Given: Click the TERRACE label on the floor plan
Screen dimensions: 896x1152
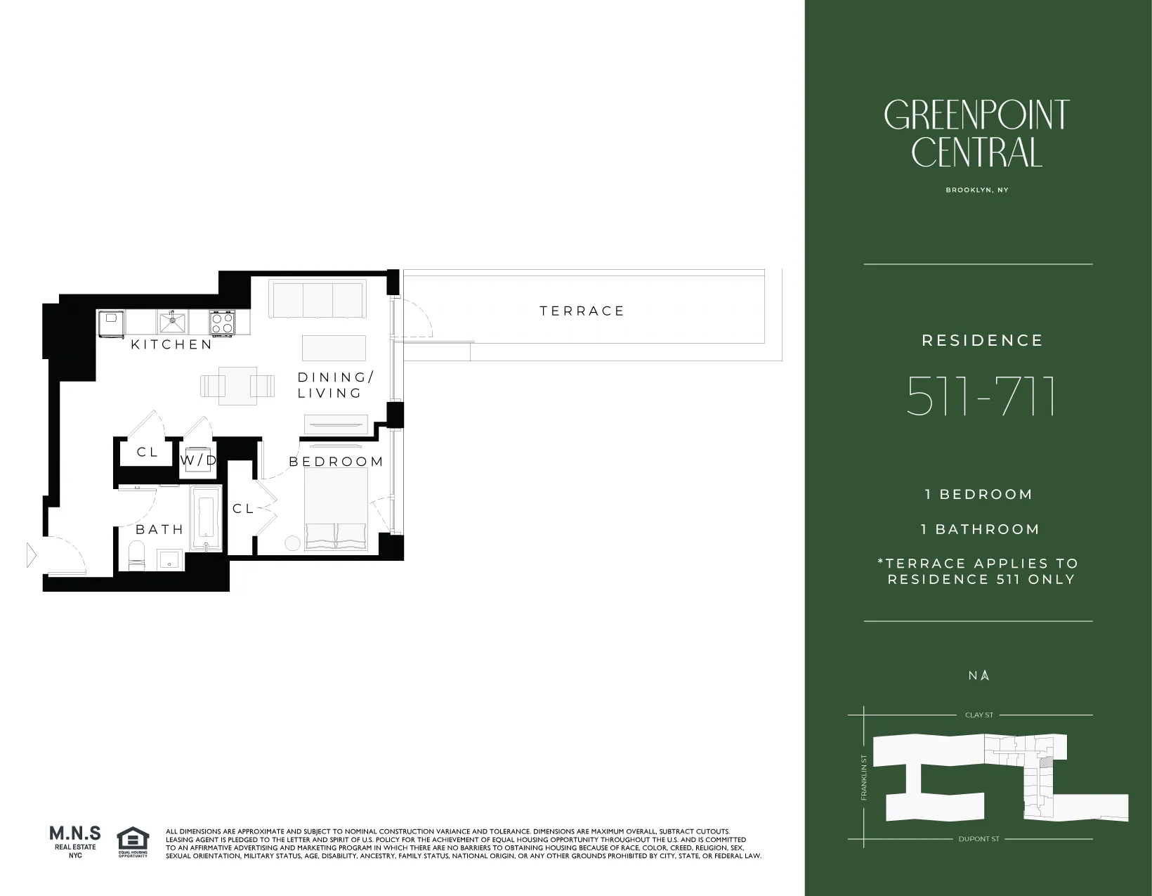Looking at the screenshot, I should pyautogui.click(x=582, y=311).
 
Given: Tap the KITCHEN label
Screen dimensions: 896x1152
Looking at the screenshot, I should pyautogui.click(x=171, y=344).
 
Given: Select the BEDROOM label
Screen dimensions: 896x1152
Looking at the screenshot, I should pyautogui.click(x=336, y=462).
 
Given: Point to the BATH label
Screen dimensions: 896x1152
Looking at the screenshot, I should pyautogui.click(x=159, y=529).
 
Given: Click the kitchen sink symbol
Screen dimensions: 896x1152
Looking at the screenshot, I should pyautogui.click(x=172, y=323).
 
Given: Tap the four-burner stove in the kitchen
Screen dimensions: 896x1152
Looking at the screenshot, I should pyautogui.click(x=223, y=323).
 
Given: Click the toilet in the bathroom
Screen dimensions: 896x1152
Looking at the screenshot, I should pyautogui.click(x=137, y=556).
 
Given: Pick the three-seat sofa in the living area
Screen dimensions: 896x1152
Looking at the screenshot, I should pyautogui.click(x=318, y=300).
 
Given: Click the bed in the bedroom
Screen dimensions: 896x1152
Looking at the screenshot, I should pyautogui.click(x=336, y=507).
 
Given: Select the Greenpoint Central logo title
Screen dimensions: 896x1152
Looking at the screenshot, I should pyautogui.click(x=976, y=134).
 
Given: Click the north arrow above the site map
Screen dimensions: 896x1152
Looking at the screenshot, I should pyautogui.click(x=985, y=675).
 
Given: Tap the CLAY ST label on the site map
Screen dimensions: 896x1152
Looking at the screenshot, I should pyautogui.click(x=978, y=715).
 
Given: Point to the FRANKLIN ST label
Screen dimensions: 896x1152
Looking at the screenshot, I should pyautogui.click(x=864, y=777).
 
